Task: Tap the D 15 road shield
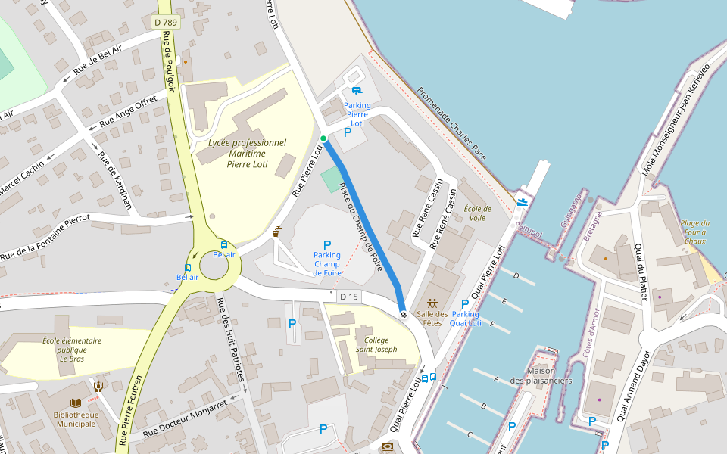(348, 296)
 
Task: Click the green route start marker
(323, 138)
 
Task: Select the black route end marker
(404, 315)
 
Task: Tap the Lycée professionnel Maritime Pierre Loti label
(247, 153)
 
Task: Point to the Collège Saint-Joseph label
(376, 345)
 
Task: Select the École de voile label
(477, 213)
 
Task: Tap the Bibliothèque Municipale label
(76, 419)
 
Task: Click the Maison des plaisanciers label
(541, 375)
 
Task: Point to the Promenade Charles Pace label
(452, 126)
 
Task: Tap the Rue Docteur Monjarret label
(186, 421)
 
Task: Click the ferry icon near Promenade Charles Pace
(523, 203)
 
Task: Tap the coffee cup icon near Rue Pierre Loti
(277, 233)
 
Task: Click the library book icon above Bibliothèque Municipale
(76, 403)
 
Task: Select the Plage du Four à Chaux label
(695, 232)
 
